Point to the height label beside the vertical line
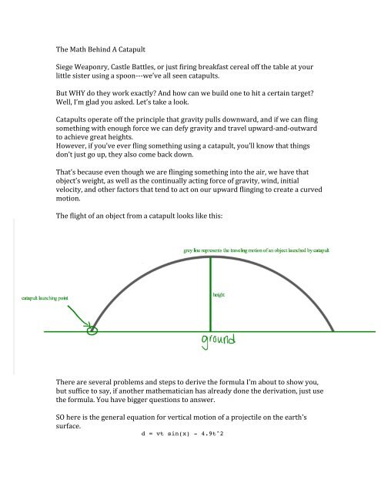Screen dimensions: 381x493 (219, 294)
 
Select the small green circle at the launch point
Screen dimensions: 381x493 (93, 331)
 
